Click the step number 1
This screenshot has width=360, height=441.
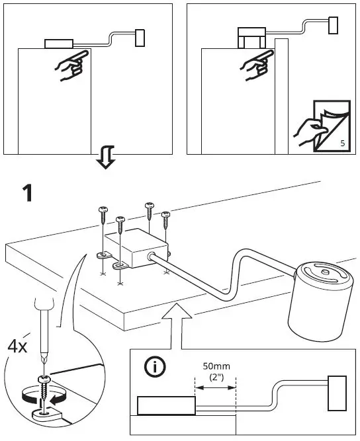coord(27,194)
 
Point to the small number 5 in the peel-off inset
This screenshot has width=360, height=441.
coord(342,143)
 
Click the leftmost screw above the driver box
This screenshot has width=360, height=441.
coord(103,216)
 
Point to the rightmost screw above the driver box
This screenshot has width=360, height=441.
coord(165,220)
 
